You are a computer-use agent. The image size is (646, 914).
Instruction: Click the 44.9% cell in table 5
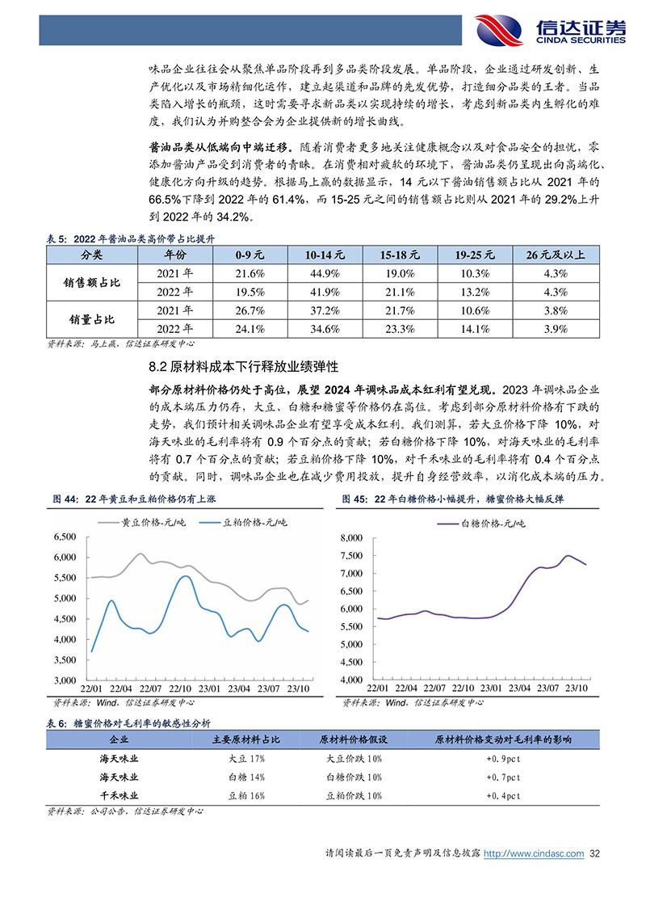325,273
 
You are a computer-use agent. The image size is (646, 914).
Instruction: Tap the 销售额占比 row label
92,283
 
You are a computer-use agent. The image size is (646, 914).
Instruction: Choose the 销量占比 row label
92,319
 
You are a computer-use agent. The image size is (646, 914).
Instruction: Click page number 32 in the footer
597,853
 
